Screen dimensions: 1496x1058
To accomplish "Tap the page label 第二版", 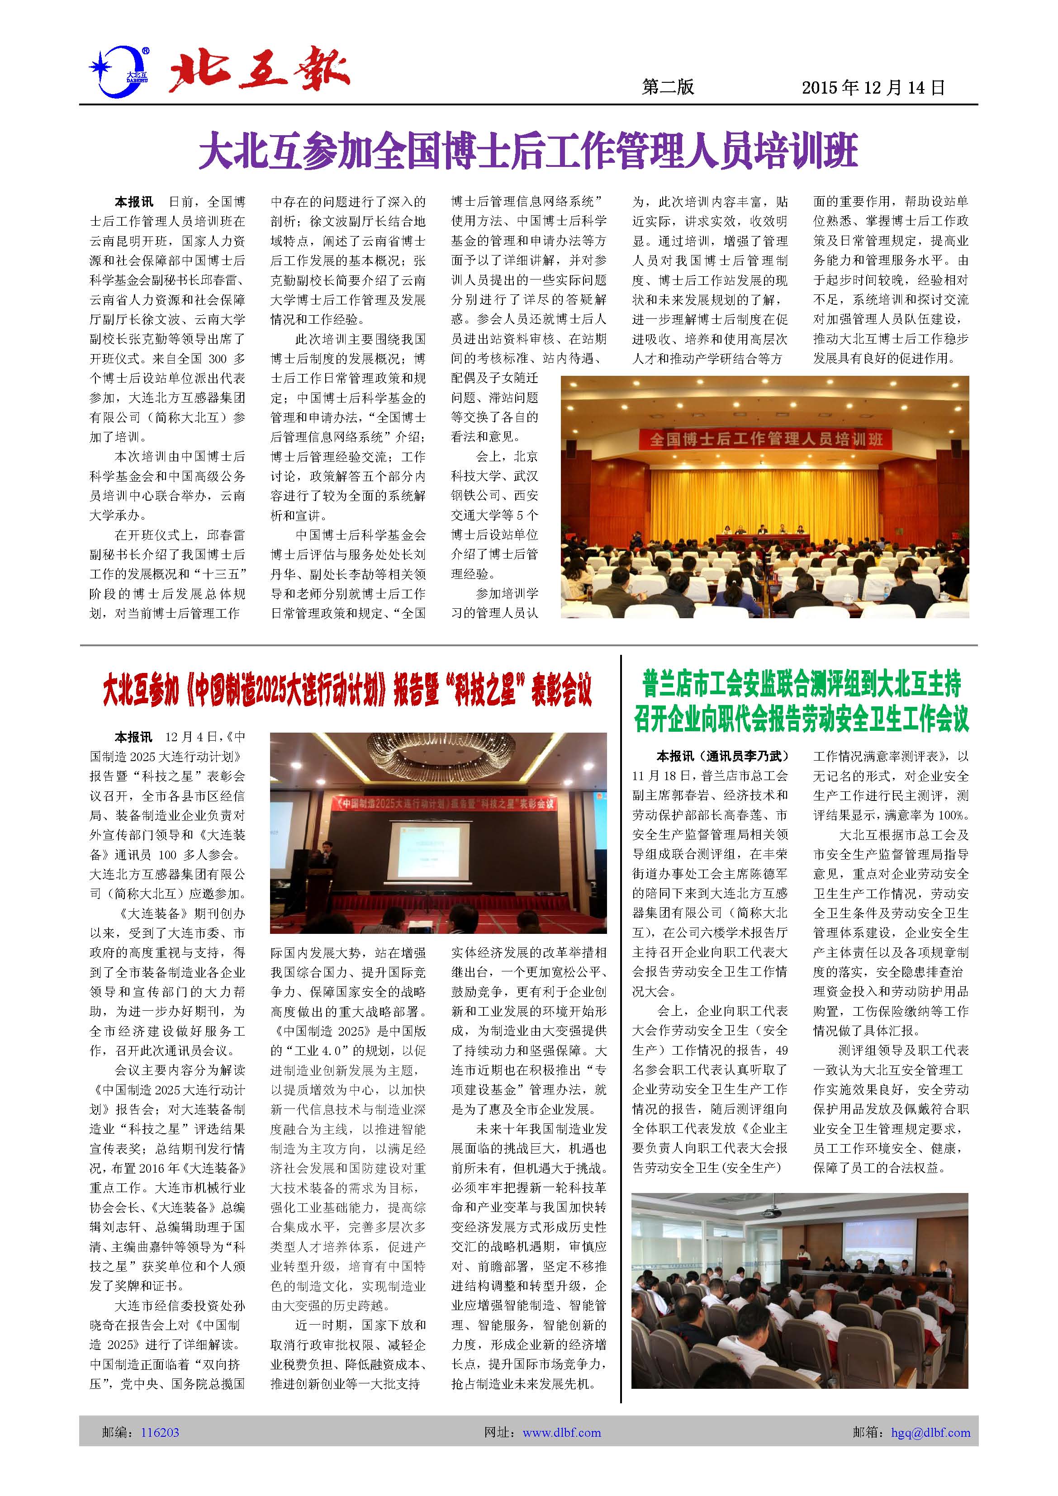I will [668, 87].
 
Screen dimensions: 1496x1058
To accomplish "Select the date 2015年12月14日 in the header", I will [873, 87].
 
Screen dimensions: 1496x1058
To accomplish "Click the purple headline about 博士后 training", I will [528, 151].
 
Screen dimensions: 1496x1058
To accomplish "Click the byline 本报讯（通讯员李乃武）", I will [722, 756].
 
